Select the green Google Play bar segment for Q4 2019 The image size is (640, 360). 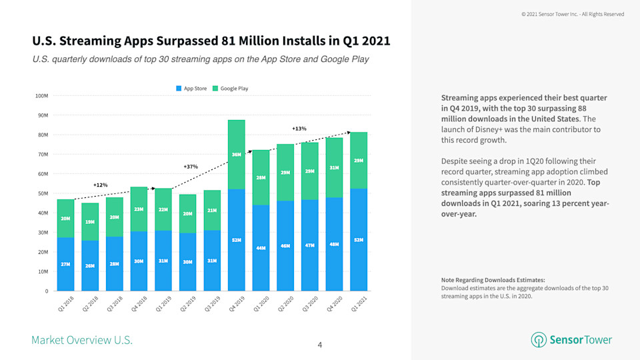(x=237, y=155)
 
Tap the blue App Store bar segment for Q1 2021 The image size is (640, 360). (x=358, y=240)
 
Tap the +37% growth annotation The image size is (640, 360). (x=191, y=166)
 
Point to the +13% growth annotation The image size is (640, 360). (x=299, y=128)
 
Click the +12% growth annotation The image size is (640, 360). (x=100, y=185)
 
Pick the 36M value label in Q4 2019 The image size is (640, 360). (x=237, y=155)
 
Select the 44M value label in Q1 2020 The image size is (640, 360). (x=261, y=248)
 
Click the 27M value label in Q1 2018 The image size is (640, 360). (x=66, y=264)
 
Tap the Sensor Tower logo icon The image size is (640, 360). (x=538, y=340)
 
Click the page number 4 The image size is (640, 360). (x=320, y=345)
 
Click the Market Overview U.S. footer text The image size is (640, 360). (x=82, y=341)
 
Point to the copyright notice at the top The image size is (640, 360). (x=573, y=14)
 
